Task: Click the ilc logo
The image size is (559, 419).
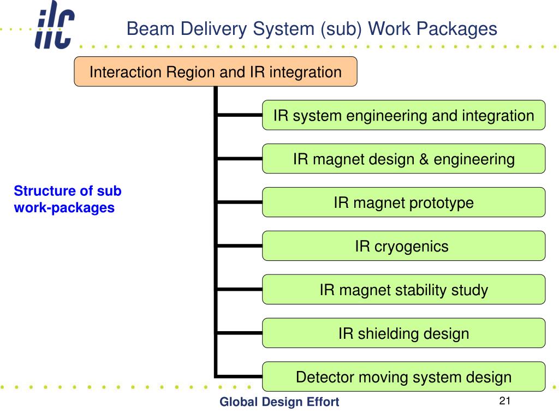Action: [55, 25]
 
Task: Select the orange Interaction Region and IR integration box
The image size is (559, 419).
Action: [216, 71]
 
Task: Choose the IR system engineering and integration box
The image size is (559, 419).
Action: [403, 115]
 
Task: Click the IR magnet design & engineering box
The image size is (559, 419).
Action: [403, 159]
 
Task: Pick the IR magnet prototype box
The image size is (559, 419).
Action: [403, 202]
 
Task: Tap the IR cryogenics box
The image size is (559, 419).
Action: [403, 246]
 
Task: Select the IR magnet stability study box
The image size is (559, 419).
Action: [403, 289]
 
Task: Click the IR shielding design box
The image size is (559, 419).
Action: [403, 333]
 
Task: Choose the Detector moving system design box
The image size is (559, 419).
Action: [403, 376]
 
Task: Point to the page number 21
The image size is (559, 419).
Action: [505, 401]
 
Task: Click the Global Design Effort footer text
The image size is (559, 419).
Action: [279, 402]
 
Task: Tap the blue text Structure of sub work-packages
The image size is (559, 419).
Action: [67, 199]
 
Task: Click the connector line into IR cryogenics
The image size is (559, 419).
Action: [240, 246]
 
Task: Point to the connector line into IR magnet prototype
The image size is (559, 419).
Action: [240, 202]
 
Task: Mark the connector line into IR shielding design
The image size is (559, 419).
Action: [240, 333]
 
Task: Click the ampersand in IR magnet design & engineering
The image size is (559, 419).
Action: [424, 159]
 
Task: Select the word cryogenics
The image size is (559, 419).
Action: [411, 247]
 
